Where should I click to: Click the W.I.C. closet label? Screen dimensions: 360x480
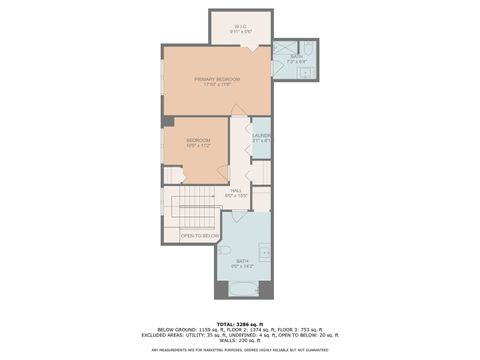pyautogui.click(x=240, y=26)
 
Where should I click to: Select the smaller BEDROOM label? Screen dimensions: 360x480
pyautogui.click(x=197, y=140)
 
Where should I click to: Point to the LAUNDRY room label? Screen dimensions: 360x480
pyautogui.click(x=261, y=135)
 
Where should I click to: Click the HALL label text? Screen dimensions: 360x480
pyautogui.click(x=237, y=190)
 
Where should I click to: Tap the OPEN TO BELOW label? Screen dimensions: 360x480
pyautogui.click(x=199, y=236)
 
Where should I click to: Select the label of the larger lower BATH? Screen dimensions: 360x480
pyautogui.click(x=242, y=261)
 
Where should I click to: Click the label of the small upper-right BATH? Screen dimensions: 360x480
pyautogui.click(x=296, y=56)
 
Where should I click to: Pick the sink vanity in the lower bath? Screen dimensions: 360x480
pyautogui.click(x=265, y=251)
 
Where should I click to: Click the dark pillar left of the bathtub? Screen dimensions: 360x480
pyautogui.click(x=221, y=290)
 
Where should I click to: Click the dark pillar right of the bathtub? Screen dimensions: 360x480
pyautogui.click(x=266, y=290)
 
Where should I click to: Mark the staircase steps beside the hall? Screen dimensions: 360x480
pyautogui.click(x=194, y=212)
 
